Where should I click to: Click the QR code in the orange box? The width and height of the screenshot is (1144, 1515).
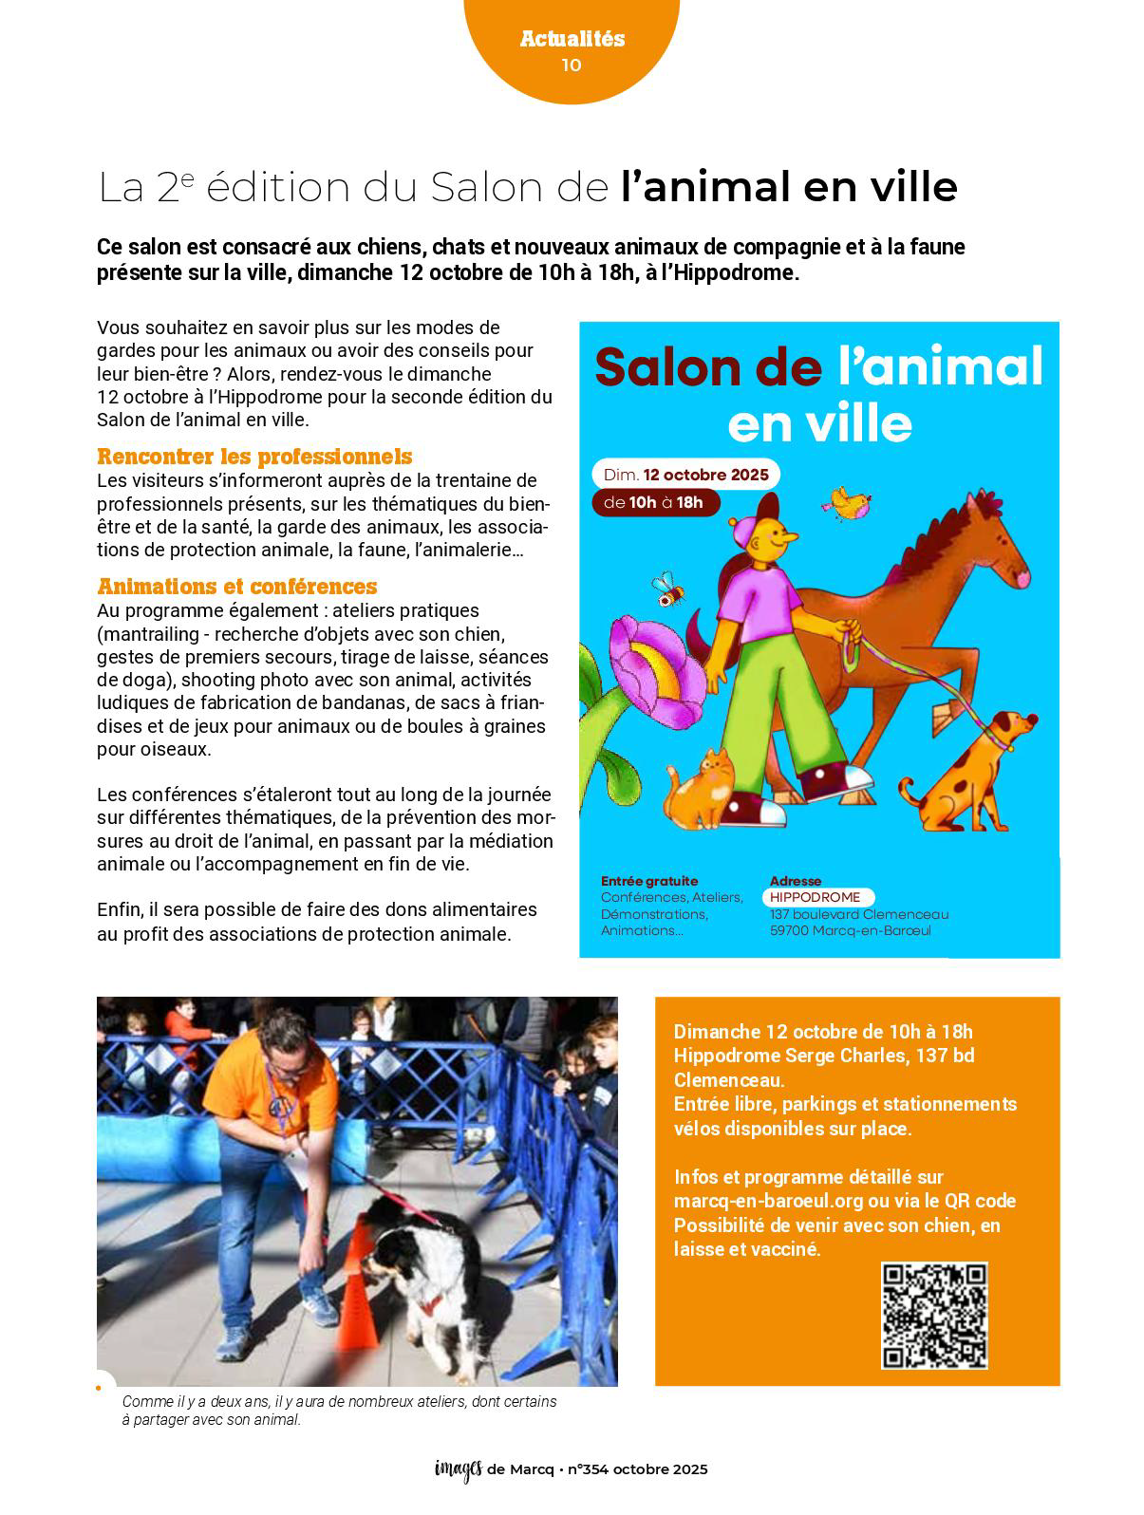click(934, 1315)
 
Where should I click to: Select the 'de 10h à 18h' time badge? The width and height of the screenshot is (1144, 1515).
click(655, 502)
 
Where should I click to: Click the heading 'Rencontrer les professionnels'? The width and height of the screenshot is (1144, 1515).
click(254, 457)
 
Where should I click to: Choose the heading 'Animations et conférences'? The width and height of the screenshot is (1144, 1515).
click(237, 587)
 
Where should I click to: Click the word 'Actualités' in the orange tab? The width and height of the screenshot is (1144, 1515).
click(572, 39)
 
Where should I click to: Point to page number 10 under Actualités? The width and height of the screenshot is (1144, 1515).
click(572, 65)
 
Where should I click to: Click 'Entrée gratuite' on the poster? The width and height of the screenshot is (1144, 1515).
click(649, 881)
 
